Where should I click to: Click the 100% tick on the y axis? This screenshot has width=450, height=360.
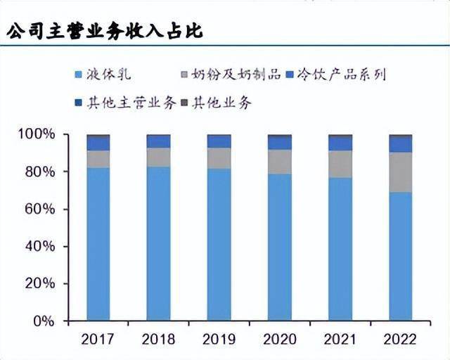[x=37, y=134]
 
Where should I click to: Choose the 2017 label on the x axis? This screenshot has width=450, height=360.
[x=98, y=340]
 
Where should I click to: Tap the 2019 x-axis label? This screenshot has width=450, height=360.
[x=219, y=340]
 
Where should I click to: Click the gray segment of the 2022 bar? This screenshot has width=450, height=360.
[x=401, y=172]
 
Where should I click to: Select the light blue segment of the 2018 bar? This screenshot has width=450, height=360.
[x=159, y=243]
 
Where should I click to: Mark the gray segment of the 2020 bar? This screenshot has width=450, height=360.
[x=280, y=162]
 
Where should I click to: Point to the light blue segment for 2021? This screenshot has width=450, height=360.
[x=340, y=249]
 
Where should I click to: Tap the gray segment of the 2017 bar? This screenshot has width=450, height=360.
[x=98, y=159]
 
